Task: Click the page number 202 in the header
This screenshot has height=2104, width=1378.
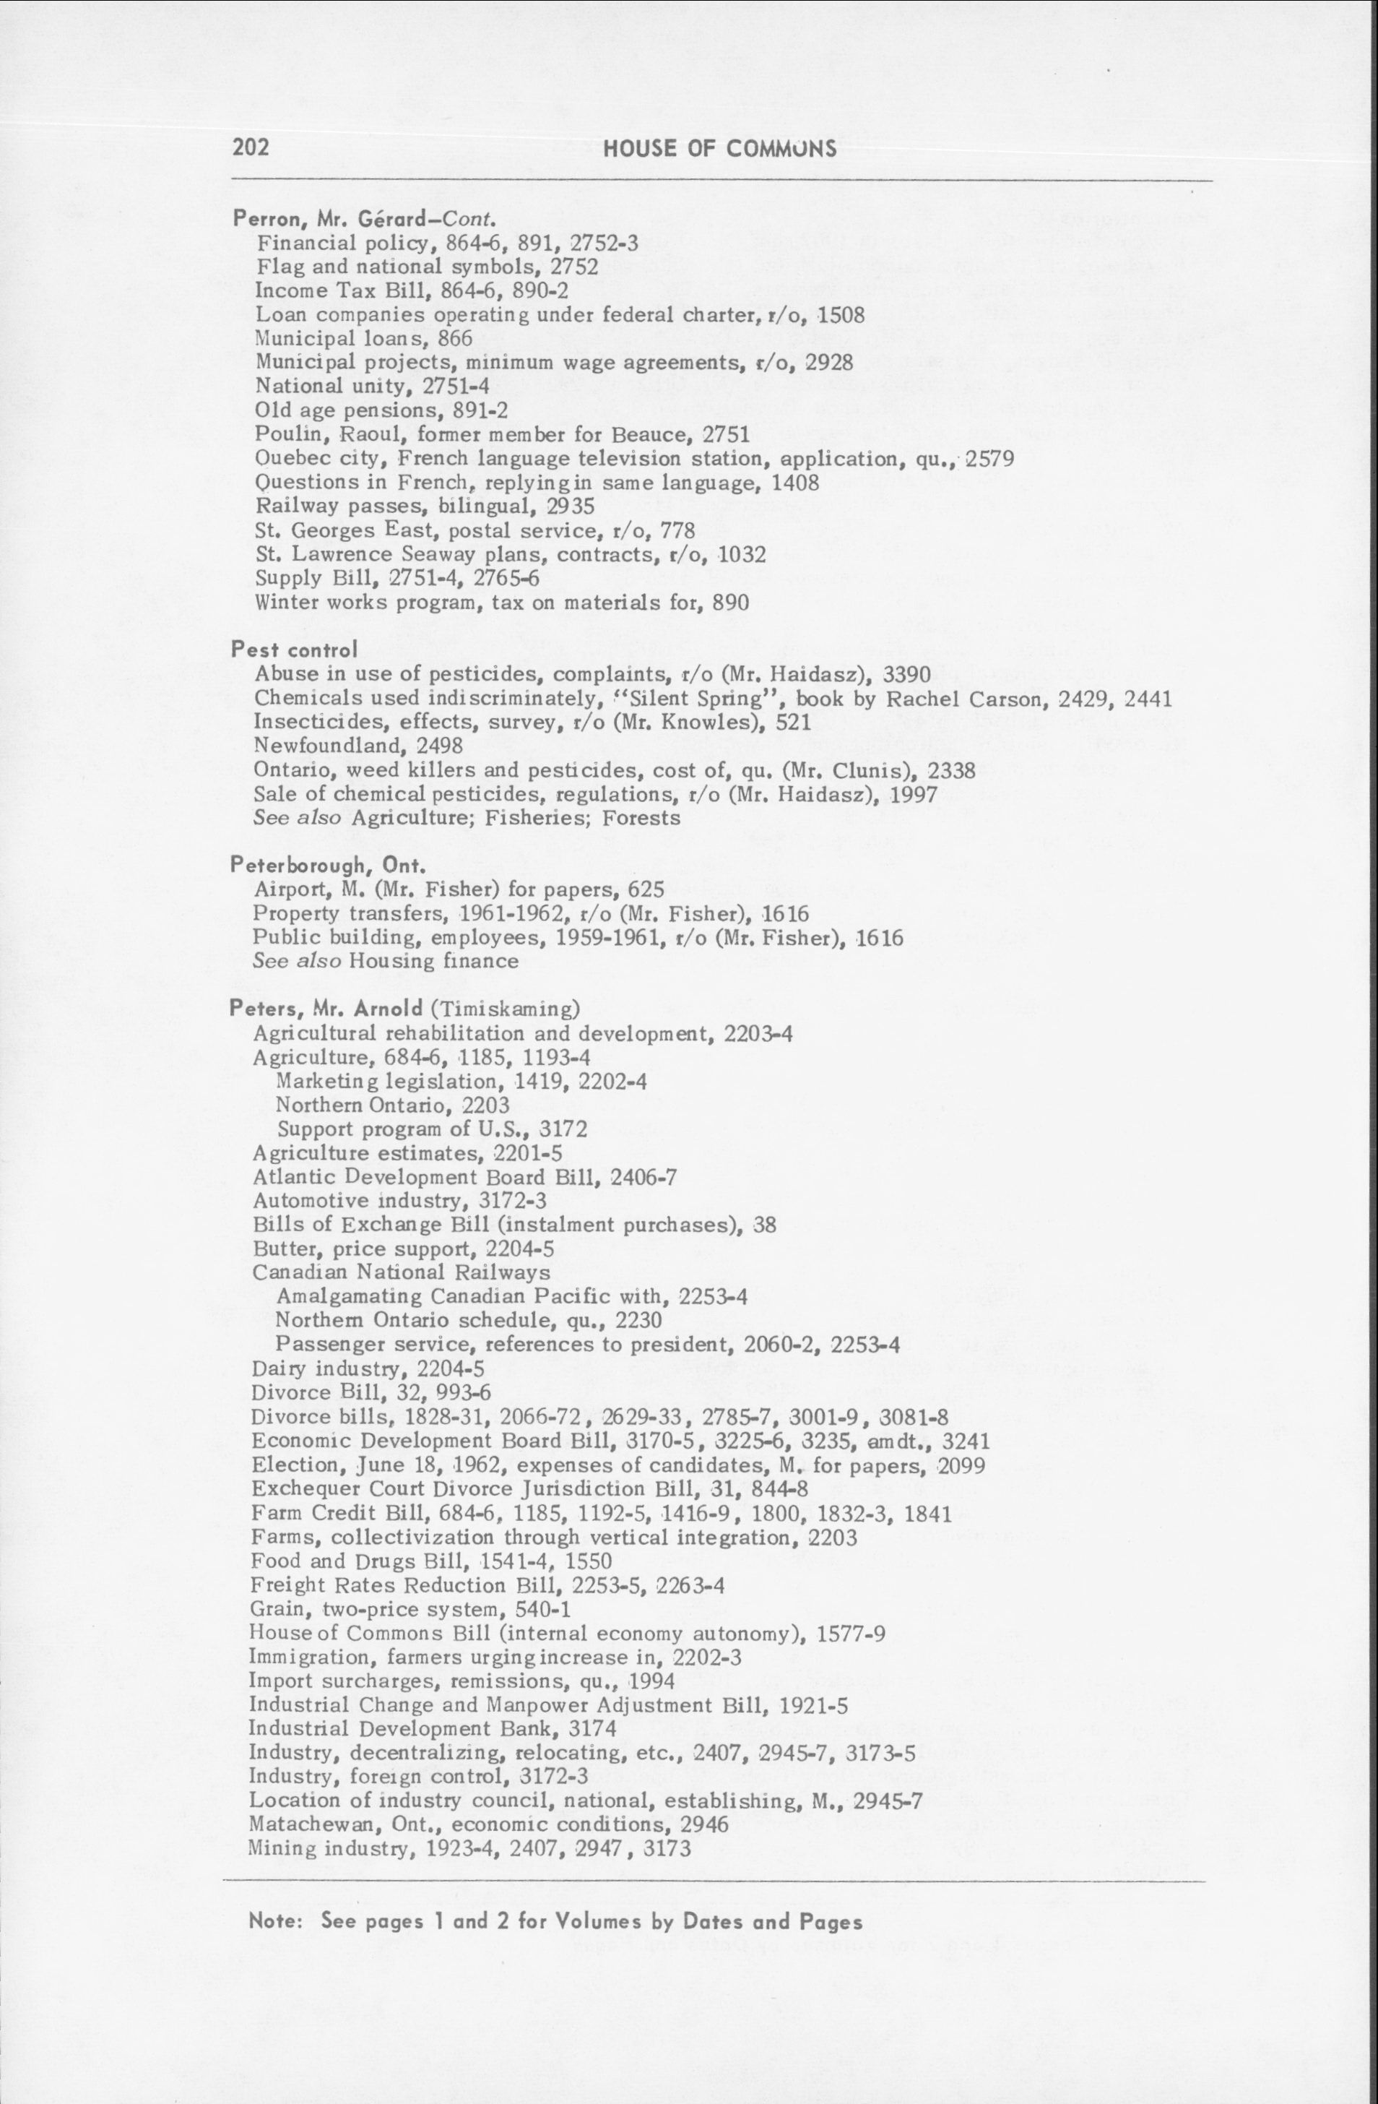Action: [250, 147]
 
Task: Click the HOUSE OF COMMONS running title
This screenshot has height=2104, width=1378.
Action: [719, 149]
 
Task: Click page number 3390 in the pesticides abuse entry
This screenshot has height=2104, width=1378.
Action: [907, 676]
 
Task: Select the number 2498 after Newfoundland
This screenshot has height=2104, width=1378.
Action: [439, 746]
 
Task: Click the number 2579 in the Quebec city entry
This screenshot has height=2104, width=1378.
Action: [989, 460]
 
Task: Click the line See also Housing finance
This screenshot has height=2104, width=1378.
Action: [386, 961]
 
